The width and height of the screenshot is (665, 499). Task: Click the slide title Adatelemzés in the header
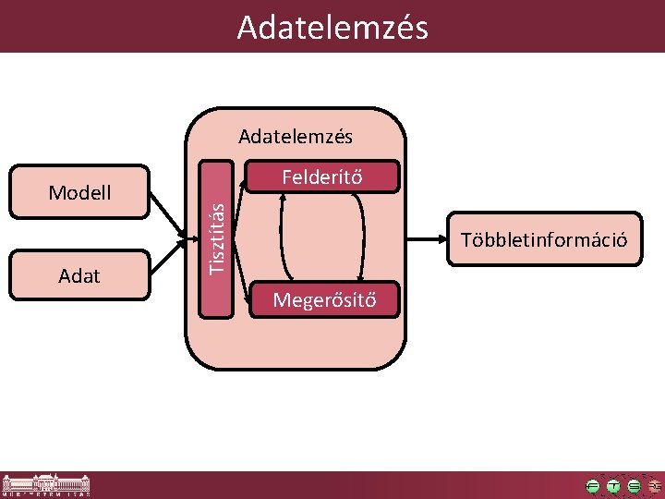point(332,28)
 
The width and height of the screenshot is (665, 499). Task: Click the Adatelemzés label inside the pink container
point(296,137)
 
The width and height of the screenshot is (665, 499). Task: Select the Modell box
point(79,192)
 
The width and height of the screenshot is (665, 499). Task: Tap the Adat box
point(79,275)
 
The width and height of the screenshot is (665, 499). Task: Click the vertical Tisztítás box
point(218,239)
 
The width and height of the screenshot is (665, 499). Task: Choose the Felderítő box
point(324,177)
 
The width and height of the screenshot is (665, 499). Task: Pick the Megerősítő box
point(324,299)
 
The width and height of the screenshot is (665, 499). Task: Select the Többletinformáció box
point(545,240)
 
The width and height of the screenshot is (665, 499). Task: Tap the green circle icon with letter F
point(592,485)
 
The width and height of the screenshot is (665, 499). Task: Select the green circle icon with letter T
point(613,485)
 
